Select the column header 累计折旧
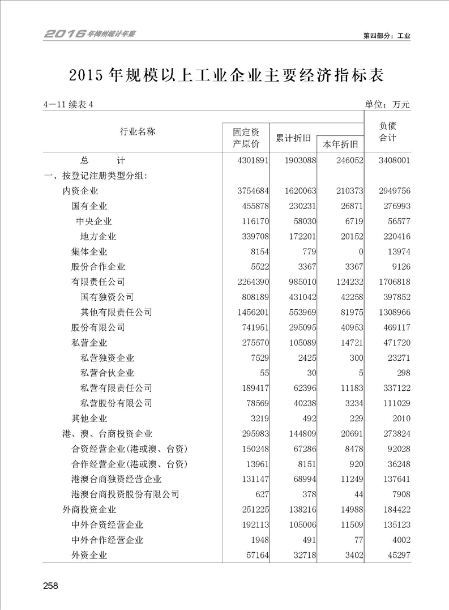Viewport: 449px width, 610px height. coord(293,138)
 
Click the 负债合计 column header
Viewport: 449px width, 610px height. coord(387,132)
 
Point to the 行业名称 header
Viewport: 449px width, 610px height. coord(138,131)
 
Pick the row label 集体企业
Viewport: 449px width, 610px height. coord(89,251)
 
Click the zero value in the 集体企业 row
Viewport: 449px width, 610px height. coord(360,251)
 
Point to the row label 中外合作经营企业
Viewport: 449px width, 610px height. coord(108,540)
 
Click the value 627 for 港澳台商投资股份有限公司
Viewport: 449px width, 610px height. coord(259,494)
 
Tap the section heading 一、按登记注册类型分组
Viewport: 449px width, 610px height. coord(96,176)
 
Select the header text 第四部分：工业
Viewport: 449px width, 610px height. coord(386,35)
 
